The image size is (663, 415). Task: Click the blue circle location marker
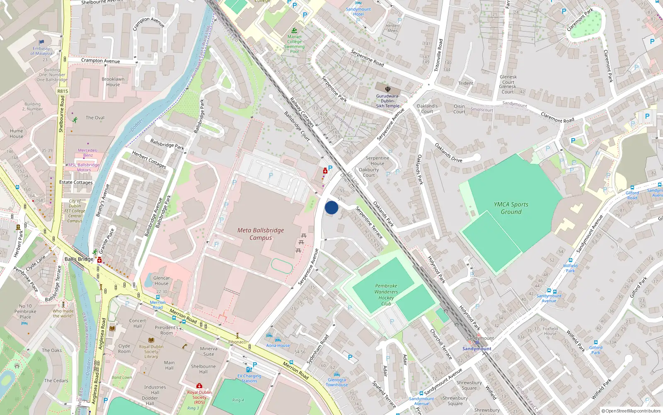331,207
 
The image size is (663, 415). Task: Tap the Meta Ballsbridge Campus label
261,234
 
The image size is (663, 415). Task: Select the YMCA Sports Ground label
511,208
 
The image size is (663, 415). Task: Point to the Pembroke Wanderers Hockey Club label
386,295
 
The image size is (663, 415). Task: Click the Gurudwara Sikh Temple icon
388,89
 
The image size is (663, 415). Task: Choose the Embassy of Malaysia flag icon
41,42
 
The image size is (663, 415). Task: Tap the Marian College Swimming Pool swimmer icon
294,31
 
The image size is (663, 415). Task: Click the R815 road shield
63,91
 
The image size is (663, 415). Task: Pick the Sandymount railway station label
477,349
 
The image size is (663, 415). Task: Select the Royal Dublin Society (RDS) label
199,397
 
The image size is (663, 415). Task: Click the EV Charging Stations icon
249,369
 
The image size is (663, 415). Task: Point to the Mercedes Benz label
87,153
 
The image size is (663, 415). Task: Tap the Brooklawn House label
113,82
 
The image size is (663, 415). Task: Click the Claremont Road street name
557,117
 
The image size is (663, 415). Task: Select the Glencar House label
162,281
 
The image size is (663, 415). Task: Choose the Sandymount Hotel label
358,12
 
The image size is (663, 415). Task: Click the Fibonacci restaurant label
237,342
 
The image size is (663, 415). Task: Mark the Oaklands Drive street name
448,152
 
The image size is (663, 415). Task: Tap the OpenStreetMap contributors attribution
631,411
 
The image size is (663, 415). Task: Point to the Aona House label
278,345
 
